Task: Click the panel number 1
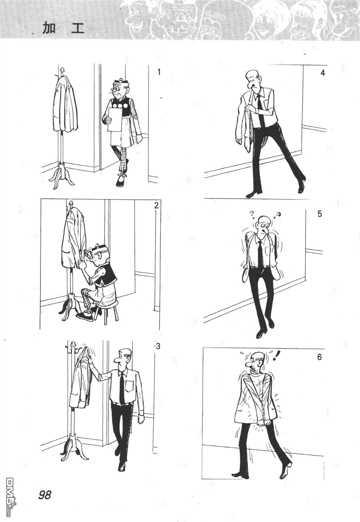point(159,72)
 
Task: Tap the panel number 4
point(322,73)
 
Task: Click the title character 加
point(49,29)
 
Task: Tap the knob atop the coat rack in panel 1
point(62,70)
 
